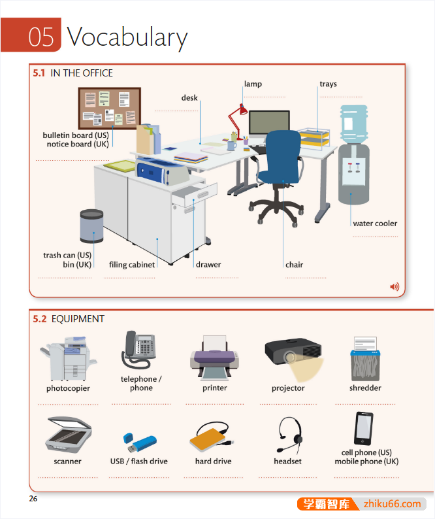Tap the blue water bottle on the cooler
coord(353,124)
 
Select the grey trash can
coord(91,226)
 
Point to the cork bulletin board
coord(109,109)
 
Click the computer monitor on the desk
coord(268,123)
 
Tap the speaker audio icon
coord(394,286)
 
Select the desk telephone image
coord(138,350)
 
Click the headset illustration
coord(289,435)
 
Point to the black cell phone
coord(363,428)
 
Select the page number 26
coord(33,499)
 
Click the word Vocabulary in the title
coord(127,37)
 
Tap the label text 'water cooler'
coord(375,224)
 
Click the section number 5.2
coord(40,319)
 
